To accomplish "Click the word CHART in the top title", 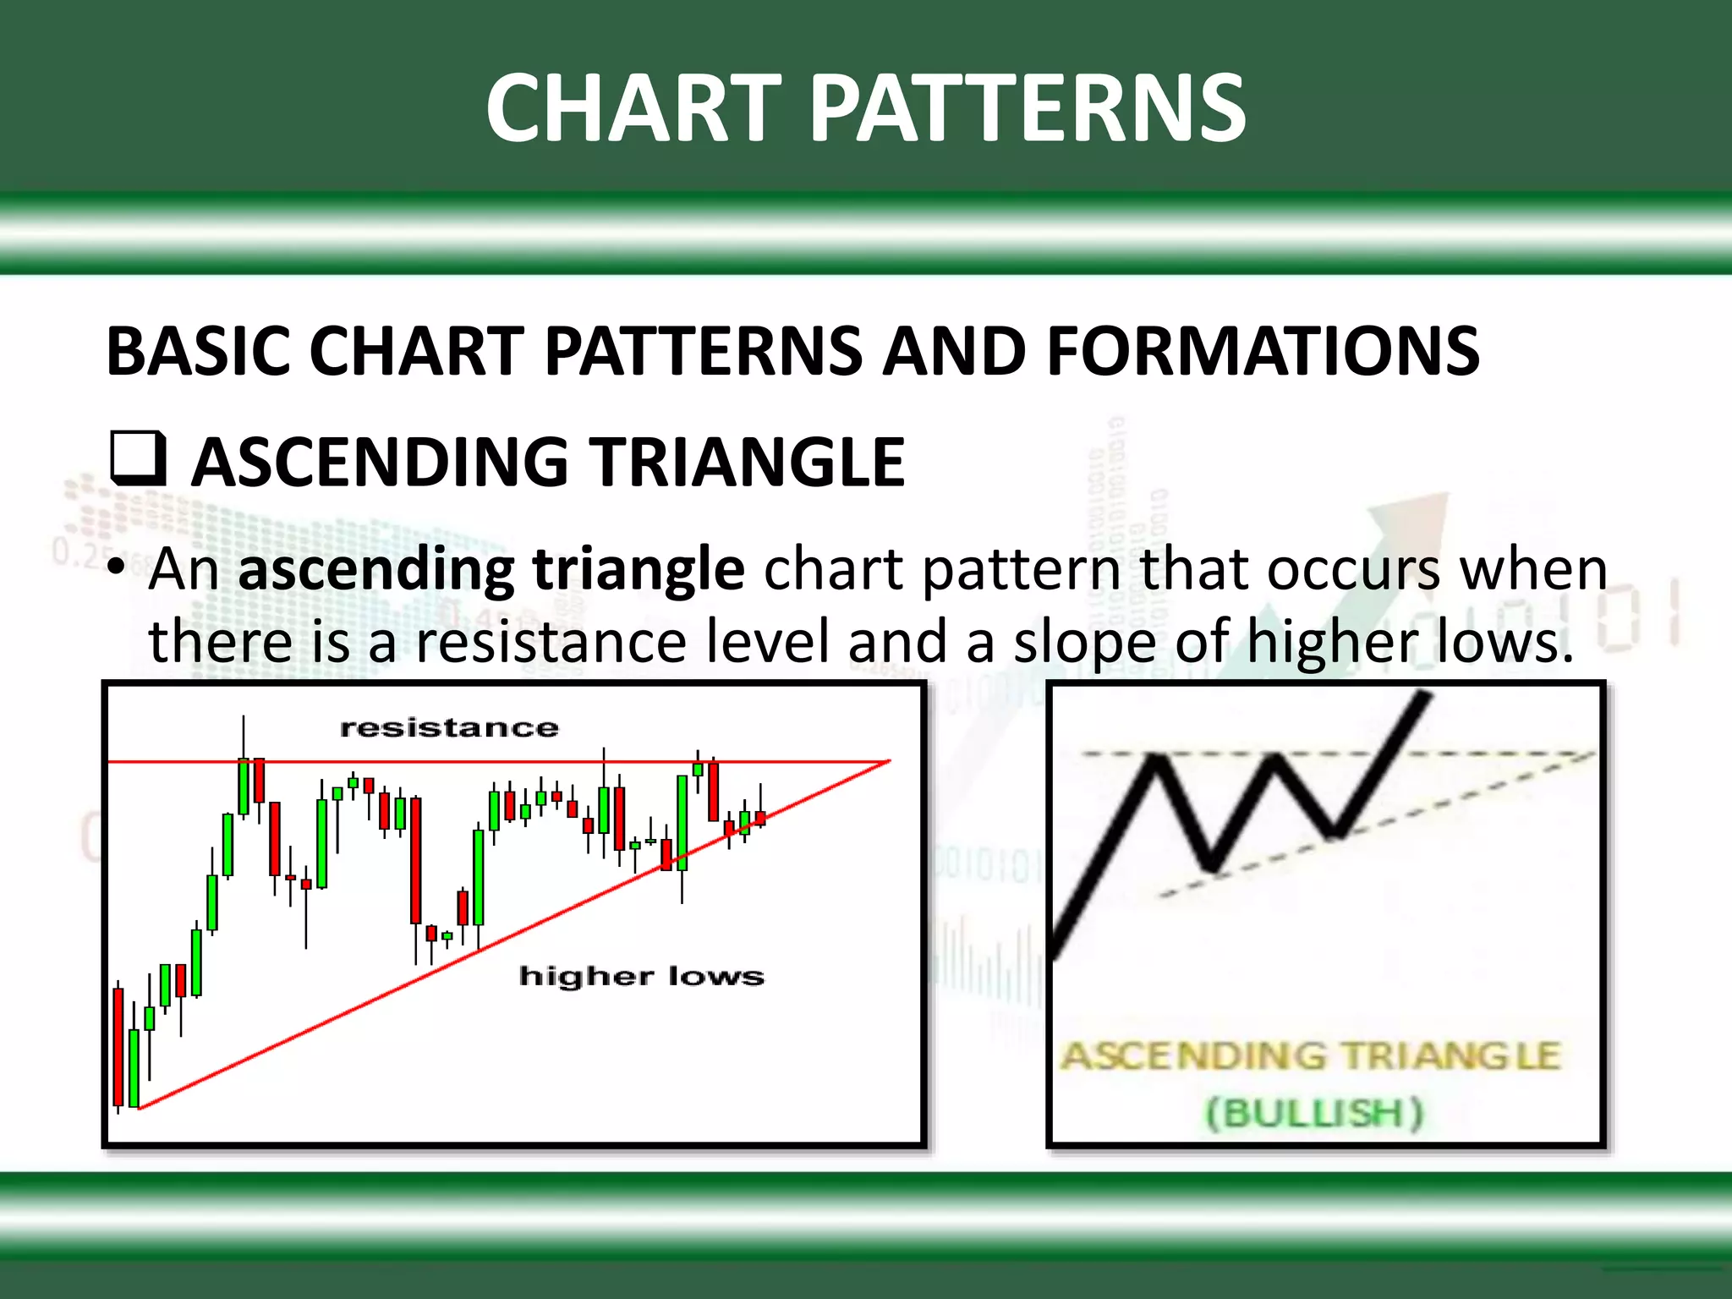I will [633, 108].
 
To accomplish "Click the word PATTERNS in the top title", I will [1027, 108].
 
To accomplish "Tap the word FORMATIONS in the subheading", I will [1263, 352].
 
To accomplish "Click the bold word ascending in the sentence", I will [375, 569].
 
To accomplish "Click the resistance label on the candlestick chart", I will [449, 727].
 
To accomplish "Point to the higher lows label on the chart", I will [641, 976].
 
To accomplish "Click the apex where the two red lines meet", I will [888, 761].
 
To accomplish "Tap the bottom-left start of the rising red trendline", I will [140, 1107].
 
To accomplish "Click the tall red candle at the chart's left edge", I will [118, 1046].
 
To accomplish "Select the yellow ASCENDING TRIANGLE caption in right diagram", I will [1310, 1056].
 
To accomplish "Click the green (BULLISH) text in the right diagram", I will [1314, 1112].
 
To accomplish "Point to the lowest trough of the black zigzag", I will [1213, 868].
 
